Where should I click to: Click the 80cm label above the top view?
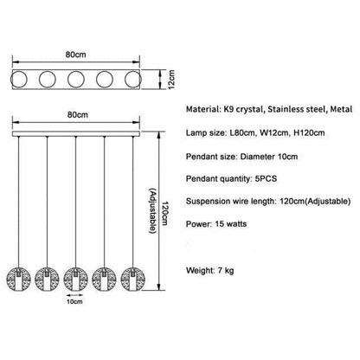(75, 55)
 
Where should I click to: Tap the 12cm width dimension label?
(171, 80)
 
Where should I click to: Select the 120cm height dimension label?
(164, 214)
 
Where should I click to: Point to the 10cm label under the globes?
(74, 301)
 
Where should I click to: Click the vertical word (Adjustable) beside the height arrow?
(153, 210)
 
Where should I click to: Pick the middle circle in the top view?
(76, 80)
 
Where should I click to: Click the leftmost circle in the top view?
(19, 80)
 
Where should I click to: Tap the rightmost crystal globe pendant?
(132, 279)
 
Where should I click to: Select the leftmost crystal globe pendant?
(18, 279)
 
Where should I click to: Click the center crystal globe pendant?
(75, 279)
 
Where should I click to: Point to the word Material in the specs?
(203, 109)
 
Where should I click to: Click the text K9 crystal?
(243, 110)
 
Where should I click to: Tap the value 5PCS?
(266, 178)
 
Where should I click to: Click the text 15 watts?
(231, 224)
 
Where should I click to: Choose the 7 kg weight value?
(226, 271)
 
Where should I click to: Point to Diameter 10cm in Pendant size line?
(269, 157)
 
